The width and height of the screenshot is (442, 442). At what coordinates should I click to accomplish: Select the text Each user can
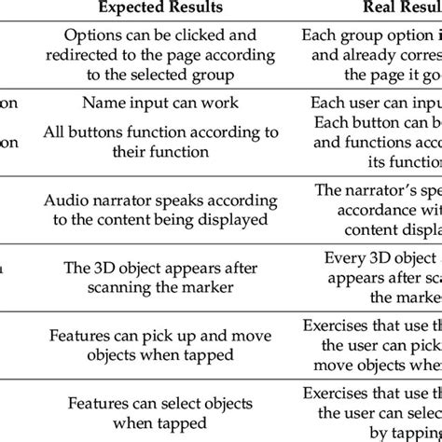[367, 103]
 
